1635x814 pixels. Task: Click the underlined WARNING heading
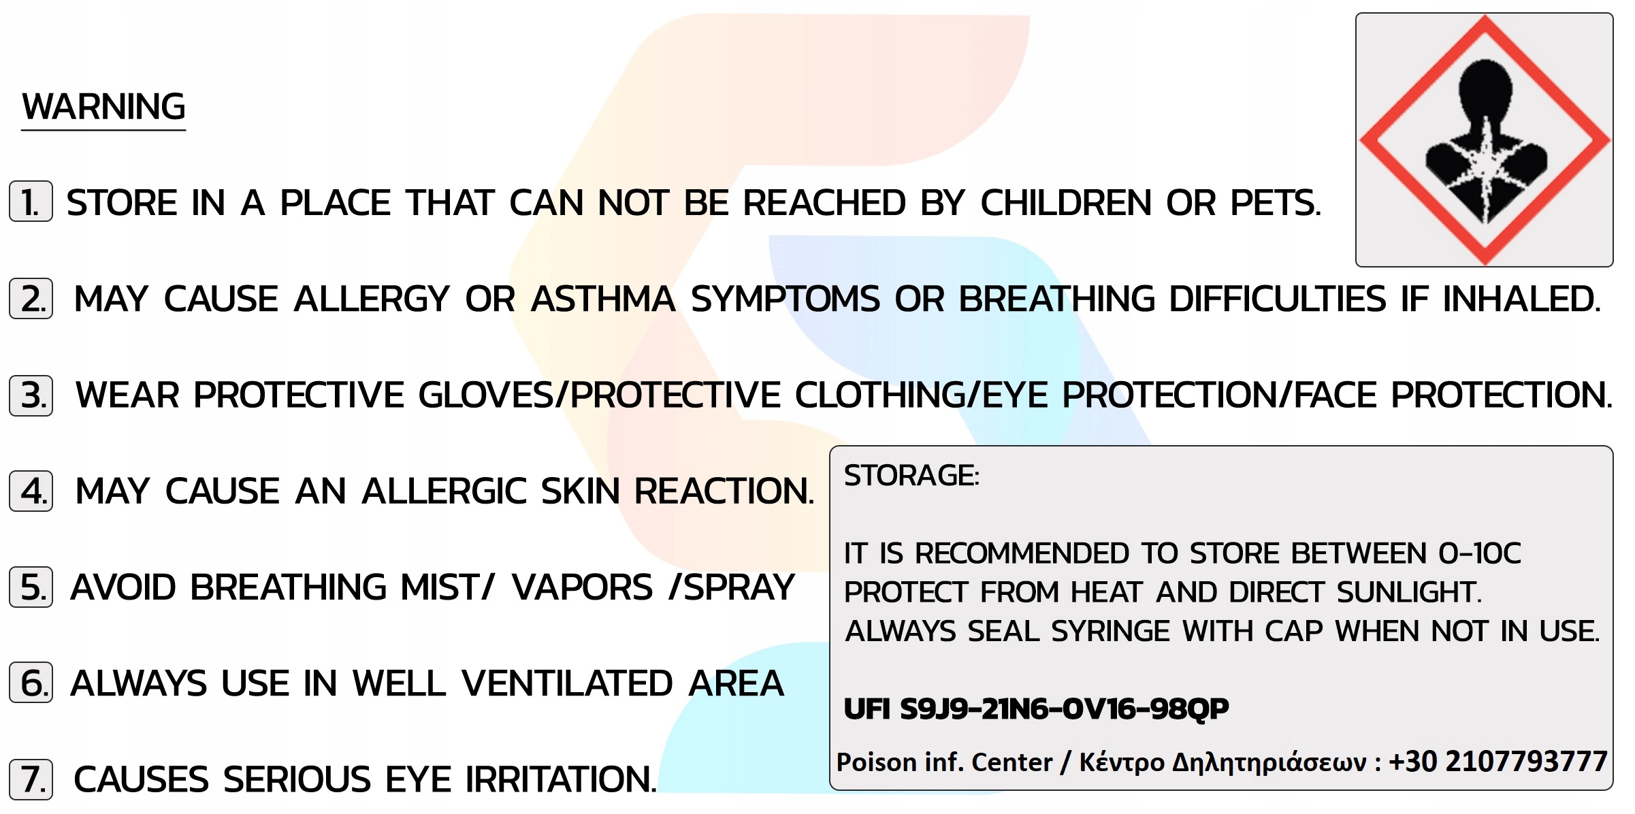tap(103, 107)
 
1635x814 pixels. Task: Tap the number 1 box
tap(31, 201)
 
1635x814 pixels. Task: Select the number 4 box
tap(31, 491)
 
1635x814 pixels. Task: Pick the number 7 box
tap(31, 779)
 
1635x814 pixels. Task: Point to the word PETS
tap(1276, 203)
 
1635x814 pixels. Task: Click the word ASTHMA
tap(603, 299)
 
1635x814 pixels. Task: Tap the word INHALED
tap(1521, 299)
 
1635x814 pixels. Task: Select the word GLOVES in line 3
tap(486, 395)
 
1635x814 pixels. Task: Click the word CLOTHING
tap(879, 395)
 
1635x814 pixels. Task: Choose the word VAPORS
tap(582, 587)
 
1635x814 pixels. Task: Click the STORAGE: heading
tap(911, 476)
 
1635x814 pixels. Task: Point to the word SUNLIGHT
tap(1408, 592)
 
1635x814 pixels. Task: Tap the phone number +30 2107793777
tap(1498, 762)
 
